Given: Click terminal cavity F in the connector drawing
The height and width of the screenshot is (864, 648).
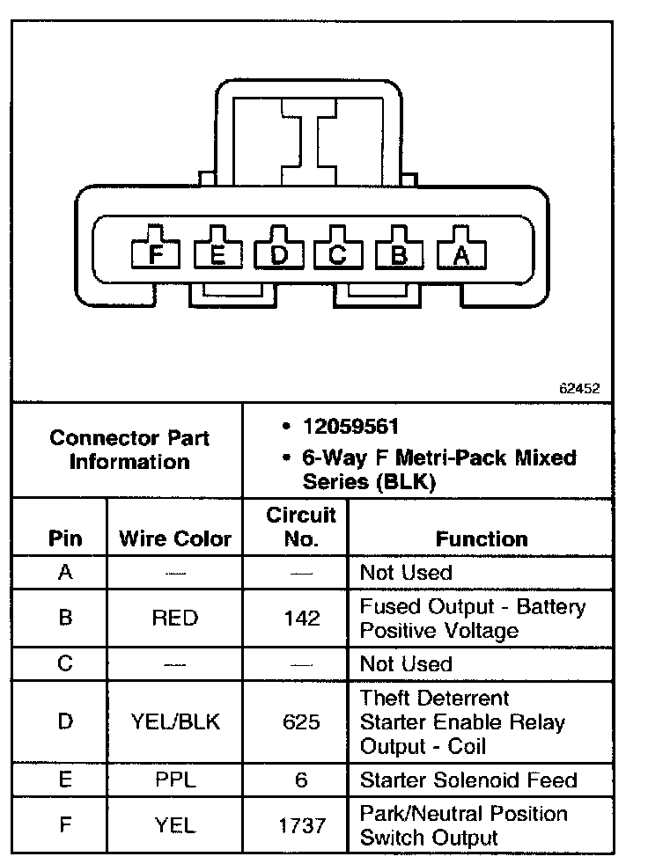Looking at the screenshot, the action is pos(156,254).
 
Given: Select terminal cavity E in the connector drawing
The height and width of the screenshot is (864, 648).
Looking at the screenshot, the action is pos(217,254).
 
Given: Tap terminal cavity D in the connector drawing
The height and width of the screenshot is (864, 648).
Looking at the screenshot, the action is pos(278,254).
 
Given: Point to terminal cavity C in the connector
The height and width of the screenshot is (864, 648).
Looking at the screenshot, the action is pos(338,254).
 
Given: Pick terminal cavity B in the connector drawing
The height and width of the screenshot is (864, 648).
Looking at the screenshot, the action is pos(399,254).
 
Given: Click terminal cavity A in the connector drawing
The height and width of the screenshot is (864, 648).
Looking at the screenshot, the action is pos(460,254).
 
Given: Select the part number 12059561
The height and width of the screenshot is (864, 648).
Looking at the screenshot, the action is pos(351,427).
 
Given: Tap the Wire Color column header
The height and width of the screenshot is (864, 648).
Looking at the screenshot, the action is pos(175,538).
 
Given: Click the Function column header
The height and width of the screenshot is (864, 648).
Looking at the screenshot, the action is pos(482,538).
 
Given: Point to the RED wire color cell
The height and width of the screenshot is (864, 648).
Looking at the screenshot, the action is pos(175,618).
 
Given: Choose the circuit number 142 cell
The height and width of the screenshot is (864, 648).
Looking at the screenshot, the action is pos(301,618).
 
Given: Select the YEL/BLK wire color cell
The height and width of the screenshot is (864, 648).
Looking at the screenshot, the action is pos(175,722).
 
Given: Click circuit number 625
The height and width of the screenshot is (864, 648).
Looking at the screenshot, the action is pos(301,722).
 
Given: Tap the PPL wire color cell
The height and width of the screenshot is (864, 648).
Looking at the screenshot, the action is pos(175,780).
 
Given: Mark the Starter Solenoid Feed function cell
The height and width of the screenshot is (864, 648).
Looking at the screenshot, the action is pos(468,780).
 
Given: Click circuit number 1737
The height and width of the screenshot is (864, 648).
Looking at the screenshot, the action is pos(301,825).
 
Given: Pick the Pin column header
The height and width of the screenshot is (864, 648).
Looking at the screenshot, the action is pos(64,538).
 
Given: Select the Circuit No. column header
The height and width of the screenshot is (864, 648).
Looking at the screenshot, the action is pos(301,526).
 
